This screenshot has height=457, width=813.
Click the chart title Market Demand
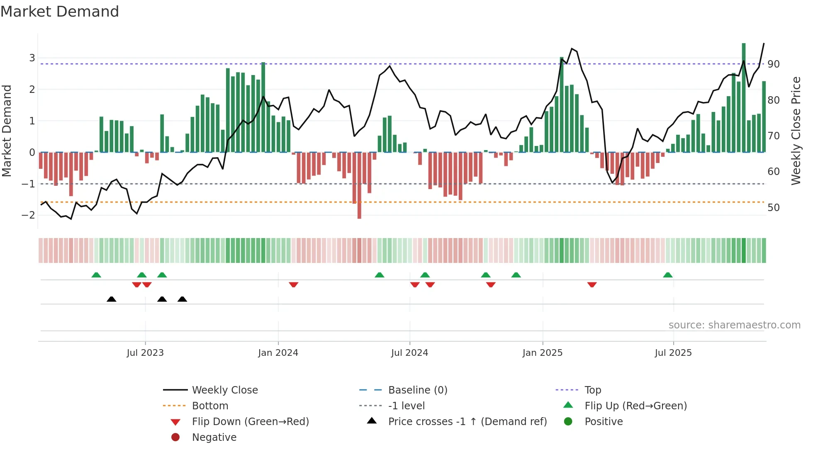[x=60, y=12]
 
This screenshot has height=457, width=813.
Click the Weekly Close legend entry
[x=224, y=390]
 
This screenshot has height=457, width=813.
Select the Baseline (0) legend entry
[x=417, y=390]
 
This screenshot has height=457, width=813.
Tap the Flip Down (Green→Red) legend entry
[x=250, y=422]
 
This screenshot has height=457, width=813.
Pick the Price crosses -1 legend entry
[x=467, y=422]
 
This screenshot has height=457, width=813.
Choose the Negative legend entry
[x=214, y=438]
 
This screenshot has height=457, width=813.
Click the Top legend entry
[x=592, y=390]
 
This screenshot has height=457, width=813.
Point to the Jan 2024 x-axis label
[x=278, y=353]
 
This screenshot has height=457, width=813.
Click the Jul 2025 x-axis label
[x=673, y=353]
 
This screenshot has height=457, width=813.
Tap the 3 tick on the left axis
[x=32, y=58]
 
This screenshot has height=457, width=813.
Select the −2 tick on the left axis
[x=29, y=215]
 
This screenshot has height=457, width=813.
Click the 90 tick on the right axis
[x=773, y=64]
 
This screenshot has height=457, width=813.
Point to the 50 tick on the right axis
[x=773, y=208]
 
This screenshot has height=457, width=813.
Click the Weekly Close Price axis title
[x=796, y=131]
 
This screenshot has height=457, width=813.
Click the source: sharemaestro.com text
[x=734, y=325]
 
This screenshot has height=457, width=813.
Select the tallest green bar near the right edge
[x=744, y=97]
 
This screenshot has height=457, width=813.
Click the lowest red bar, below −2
[x=359, y=185]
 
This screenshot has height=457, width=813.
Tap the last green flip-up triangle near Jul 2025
[x=667, y=275]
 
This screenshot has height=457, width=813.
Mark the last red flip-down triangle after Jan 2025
[x=592, y=284]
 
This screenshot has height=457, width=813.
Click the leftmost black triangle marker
[x=111, y=299]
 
